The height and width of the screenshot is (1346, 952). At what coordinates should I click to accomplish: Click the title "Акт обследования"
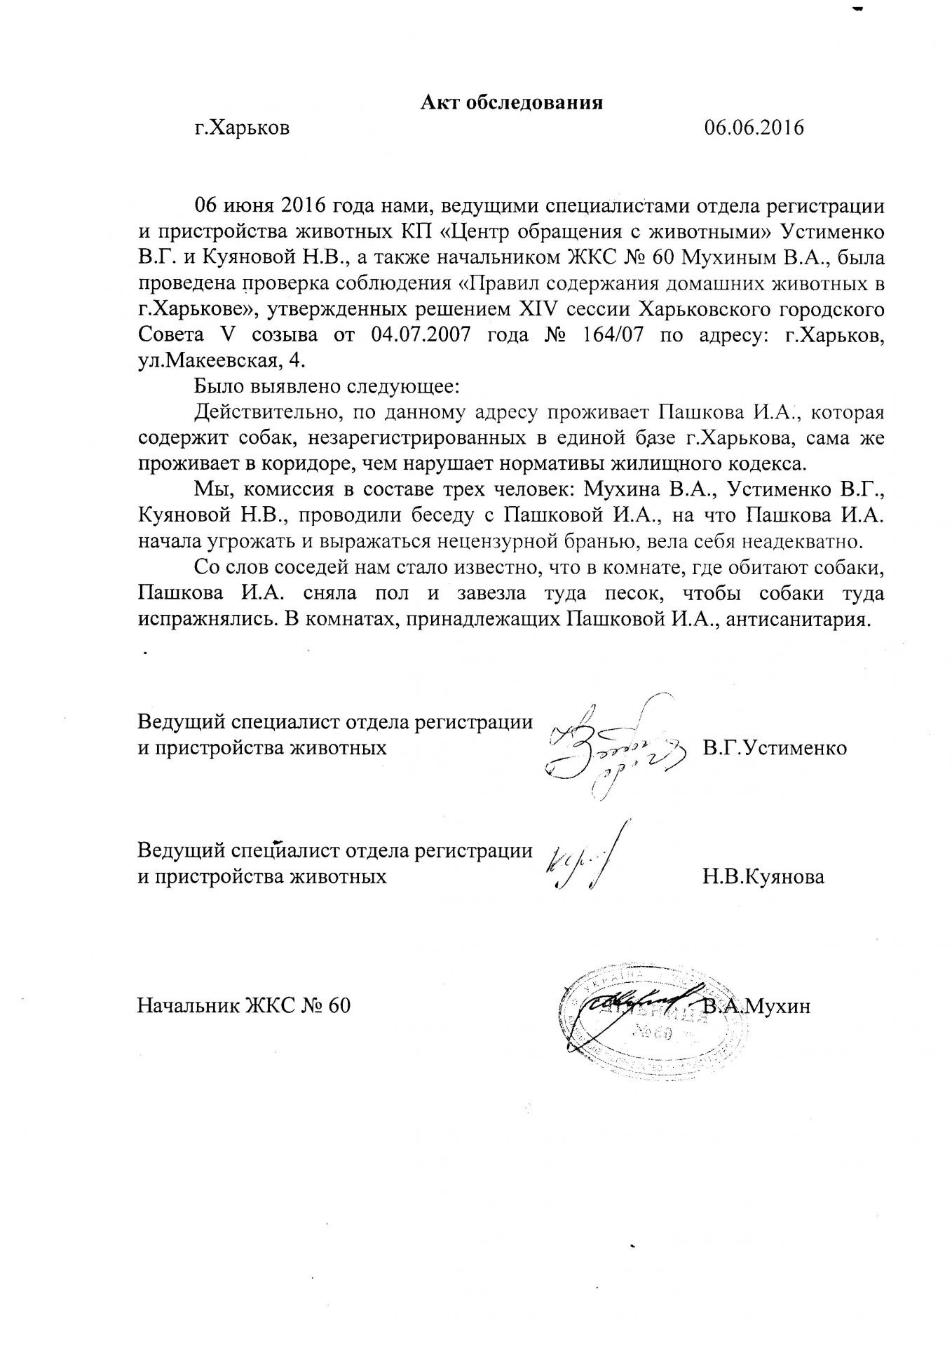point(512,103)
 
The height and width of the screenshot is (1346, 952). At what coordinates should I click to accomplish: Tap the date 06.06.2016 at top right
point(754,128)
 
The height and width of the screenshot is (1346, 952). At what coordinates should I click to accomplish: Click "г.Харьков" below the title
point(242,128)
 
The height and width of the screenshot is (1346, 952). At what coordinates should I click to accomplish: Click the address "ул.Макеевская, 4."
point(222,360)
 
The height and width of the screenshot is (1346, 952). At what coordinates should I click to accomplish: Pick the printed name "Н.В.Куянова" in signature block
point(763,876)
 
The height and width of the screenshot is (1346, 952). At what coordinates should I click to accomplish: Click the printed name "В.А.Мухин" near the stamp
point(757,1007)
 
